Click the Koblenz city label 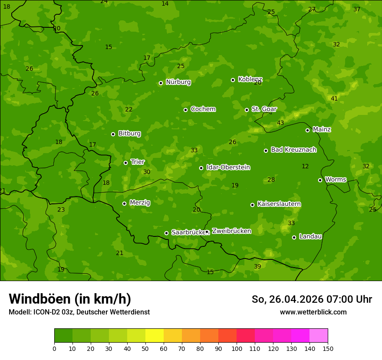point(250,79)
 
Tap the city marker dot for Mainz point(307,130)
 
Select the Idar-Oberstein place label point(228,167)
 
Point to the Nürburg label point(178,82)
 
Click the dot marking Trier point(125,163)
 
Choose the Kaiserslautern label point(279,204)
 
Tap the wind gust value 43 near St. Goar point(280,123)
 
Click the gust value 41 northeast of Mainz point(334,99)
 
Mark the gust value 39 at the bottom point(257,267)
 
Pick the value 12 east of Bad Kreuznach point(305,167)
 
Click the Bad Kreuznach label point(293,150)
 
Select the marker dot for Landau point(294,237)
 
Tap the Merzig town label point(140,203)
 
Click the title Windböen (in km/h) point(70,299)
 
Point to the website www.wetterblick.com point(313,312)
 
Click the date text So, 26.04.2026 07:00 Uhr point(312,299)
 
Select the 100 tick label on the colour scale point(237,348)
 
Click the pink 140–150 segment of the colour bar point(319,336)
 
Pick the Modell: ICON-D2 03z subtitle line point(79,312)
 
